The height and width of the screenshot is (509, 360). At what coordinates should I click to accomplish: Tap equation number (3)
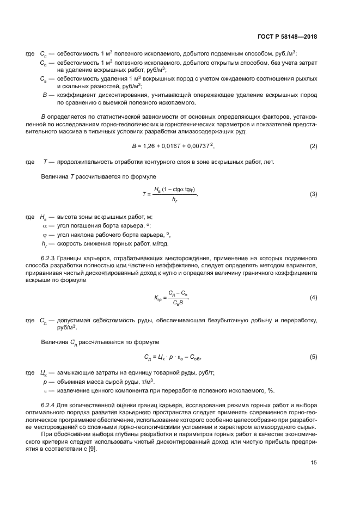(x=313, y=194)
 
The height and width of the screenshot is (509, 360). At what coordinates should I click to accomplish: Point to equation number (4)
(x=313, y=298)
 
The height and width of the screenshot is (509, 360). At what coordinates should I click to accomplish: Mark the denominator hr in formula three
(x=174, y=200)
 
